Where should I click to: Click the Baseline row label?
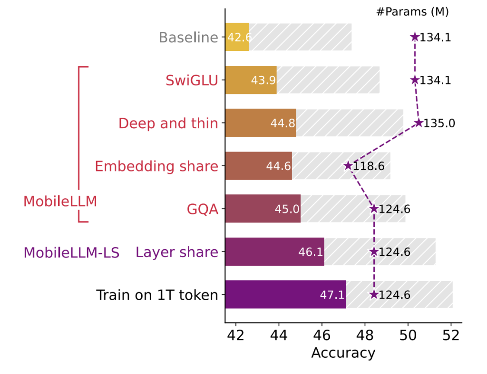(188, 37)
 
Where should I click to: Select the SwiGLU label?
(192, 80)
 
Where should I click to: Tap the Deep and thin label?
(168, 123)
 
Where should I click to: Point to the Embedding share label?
(156, 166)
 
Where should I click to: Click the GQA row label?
(203, 209)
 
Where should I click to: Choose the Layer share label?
(177, 252)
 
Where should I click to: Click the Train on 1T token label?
(157, 295)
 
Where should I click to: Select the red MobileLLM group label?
(60, 202)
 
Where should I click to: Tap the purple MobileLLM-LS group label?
(71, 252)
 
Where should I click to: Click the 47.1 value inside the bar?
(331, 295)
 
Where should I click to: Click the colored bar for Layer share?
(274, 252)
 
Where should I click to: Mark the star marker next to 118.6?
(348, 166)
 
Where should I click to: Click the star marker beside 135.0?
(419, 123)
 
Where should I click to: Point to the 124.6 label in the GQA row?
(395, 209)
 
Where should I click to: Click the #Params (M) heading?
(412, 12)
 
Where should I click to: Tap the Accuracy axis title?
(343, 353)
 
